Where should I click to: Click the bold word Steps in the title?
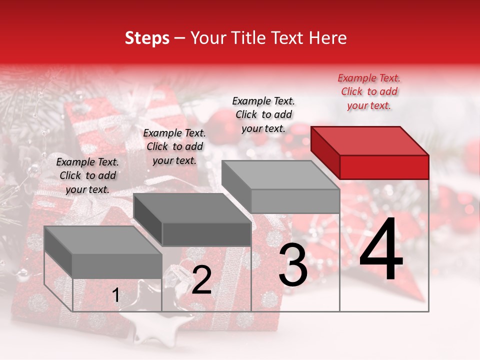(147, 38)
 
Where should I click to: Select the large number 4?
(381, 249)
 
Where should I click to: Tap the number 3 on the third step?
(292, 265)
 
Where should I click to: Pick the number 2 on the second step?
(201, 280)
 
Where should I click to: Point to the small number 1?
(115, 295)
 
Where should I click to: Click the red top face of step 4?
(369, 140)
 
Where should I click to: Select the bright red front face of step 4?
(384, 167)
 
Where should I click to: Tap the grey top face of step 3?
(280, 174)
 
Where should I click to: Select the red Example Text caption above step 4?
(369, 91)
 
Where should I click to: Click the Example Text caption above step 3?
(263, 114)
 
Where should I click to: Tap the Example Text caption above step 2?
(174, 146)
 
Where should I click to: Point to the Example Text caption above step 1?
(87, 175)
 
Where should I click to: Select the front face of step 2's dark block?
(206, 234)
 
